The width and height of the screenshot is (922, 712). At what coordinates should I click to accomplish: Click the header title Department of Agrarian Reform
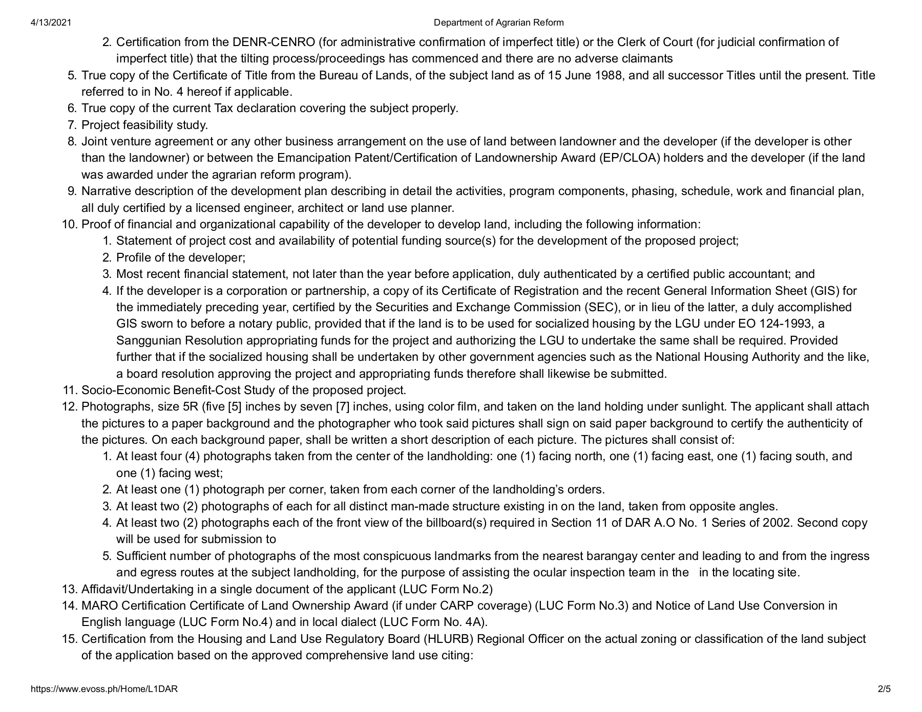[x=498, y=23]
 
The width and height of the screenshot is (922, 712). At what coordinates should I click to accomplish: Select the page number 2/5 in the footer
[x=884, y=689]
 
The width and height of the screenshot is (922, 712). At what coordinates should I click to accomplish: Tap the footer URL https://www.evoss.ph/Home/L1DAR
[x=104, y=689]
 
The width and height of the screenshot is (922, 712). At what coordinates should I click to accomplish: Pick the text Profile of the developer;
[x=181, y=257]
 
